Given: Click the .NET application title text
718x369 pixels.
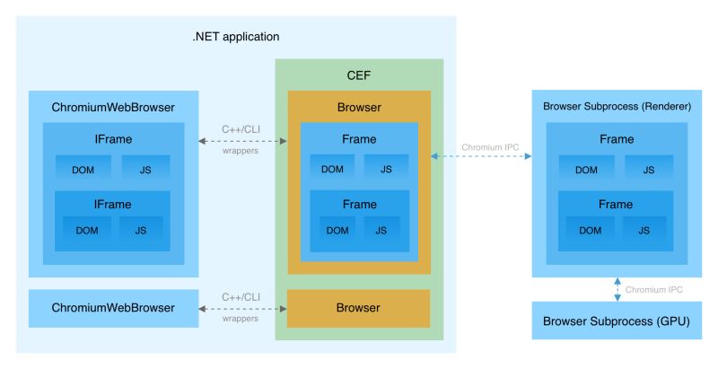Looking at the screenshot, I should [x=236, y=37].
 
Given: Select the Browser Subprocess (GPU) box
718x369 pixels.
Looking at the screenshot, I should [x=616, y=321].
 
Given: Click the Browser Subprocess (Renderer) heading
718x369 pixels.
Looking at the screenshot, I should [x=617, y=107].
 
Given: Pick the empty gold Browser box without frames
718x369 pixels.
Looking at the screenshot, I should [x=358, y=308].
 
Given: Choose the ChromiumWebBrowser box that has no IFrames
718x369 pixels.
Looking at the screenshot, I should [x=113, y=308].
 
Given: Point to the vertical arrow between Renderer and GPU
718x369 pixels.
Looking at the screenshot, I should [x=617, y=289].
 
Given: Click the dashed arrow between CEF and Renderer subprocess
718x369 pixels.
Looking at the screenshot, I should [x=481, y=156].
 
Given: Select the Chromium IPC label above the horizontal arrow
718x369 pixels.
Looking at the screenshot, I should [x=490, y=145].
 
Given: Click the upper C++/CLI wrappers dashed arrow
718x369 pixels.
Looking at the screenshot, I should [x=241, y=140].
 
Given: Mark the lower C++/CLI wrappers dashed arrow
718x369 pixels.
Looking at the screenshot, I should [x=241, y=308].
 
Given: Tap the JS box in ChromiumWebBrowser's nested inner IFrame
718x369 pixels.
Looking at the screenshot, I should [x=142, y=232].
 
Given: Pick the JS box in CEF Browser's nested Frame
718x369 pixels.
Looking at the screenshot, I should [x=381, y=231].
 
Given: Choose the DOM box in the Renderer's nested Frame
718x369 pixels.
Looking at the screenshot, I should [x=590, y=231].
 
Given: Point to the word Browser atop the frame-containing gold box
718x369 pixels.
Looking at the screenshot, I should [x=358, y=108].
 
